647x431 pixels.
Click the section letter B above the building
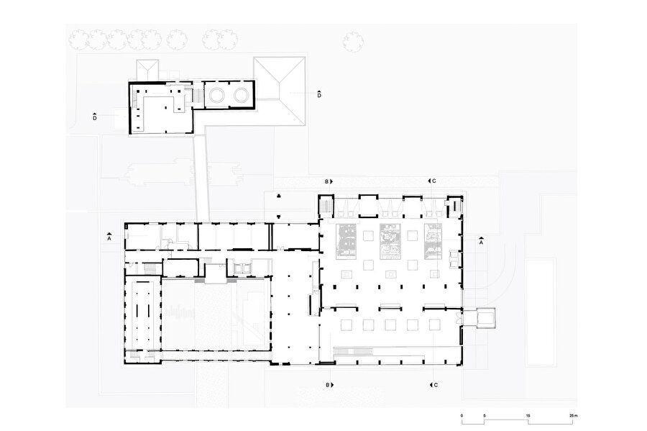tap(327, 181)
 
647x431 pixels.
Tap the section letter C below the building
tap(436, 385)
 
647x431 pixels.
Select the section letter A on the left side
tap(109, 239)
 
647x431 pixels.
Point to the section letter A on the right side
tap(481, 242)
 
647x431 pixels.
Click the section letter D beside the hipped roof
tap(319, 96)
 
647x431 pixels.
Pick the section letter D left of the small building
tap(95, 119)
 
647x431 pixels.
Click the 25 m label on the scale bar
tap(572, 416)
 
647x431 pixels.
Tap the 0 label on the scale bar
tap(462, 416)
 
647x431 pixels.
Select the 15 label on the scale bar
tap(528, 416)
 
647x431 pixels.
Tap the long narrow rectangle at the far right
tap(541, 312)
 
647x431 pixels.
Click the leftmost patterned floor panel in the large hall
tap(347, 241)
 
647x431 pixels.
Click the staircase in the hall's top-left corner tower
tap(326, 207)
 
